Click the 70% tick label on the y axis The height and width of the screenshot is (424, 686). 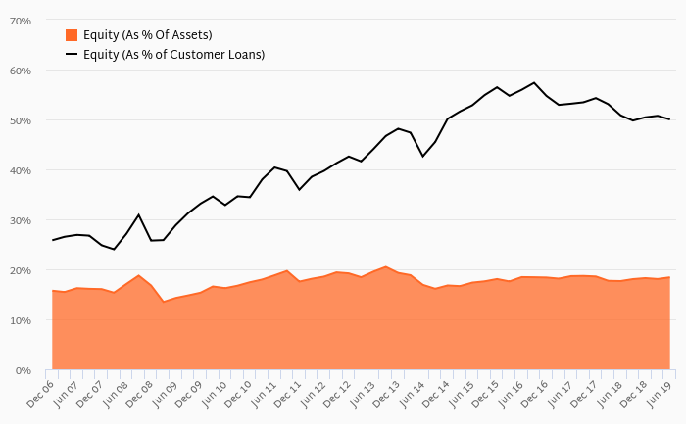tap(20, 21)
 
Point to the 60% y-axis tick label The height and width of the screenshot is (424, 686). tap(20, 71)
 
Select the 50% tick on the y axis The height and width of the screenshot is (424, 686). tap(20, 120)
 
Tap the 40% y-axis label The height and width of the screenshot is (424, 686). tap(20, 170)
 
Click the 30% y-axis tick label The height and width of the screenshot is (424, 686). tap(20, 220)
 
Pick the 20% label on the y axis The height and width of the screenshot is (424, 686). tap(20, 270)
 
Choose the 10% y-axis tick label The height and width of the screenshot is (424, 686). tap(20, 320)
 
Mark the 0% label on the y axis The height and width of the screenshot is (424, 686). tap(23, 370)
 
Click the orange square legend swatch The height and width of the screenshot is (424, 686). tap(72, 35)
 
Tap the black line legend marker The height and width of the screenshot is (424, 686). tap(72, 54)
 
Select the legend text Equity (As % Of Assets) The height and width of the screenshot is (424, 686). tap(147, 35)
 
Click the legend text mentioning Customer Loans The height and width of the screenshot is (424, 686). tap(173, 54)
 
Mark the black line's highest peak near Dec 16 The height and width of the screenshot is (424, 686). tap(534, 82)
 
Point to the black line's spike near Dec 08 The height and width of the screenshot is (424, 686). tap(139, 214)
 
